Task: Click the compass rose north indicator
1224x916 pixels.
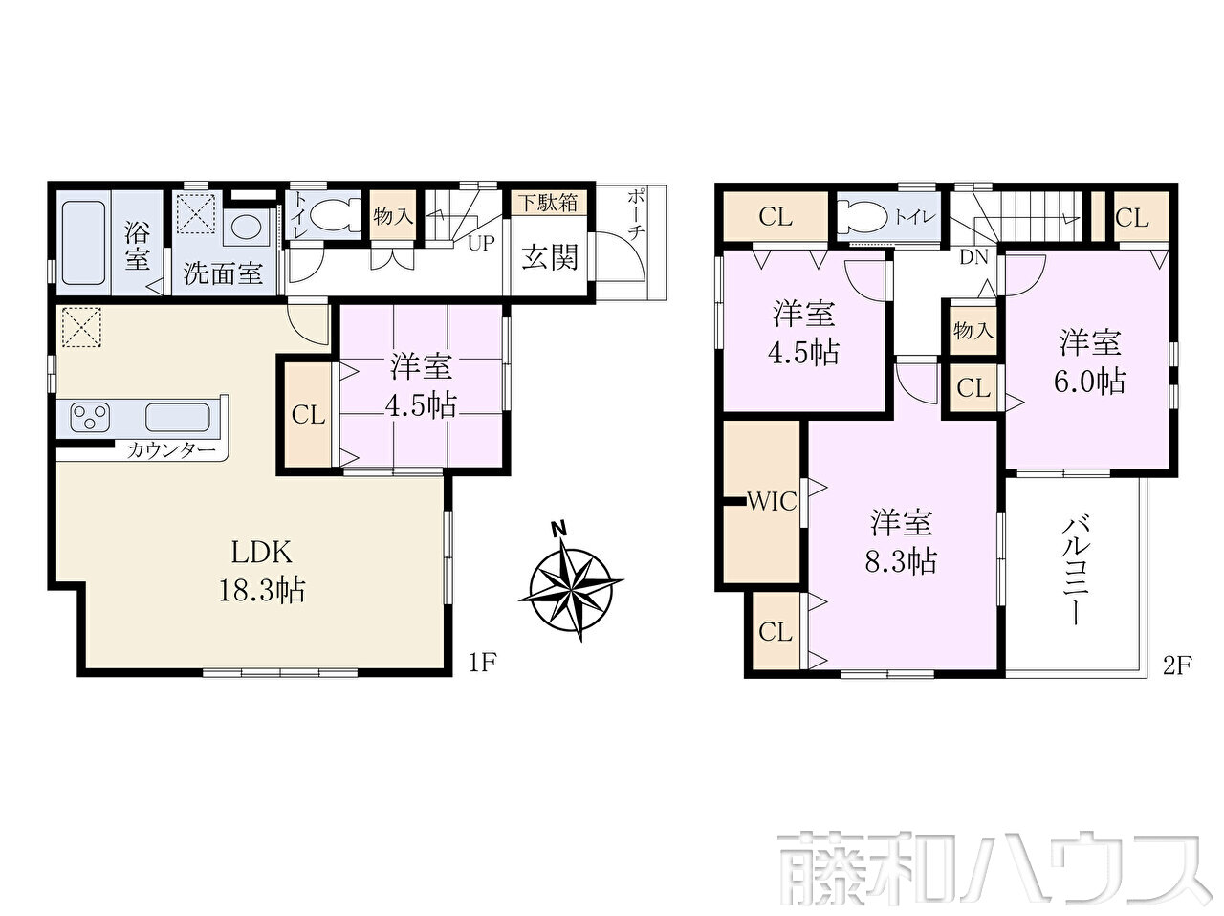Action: click(557, 528)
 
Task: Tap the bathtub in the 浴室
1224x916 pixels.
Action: click(83, 243)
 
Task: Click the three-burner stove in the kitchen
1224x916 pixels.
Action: click(90, 417)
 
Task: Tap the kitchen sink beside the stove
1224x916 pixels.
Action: click(178, 417)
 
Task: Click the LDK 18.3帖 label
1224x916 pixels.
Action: click(262, 571)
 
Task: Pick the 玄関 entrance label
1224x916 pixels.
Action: click(549, 257)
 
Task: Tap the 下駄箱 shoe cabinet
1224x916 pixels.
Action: click(548, 204)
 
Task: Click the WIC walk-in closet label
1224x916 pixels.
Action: click(771, 502)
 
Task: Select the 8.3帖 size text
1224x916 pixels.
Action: click(901, 561)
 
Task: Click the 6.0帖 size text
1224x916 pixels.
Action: click(1089, 382)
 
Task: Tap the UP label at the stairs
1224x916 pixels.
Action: click(481, 243)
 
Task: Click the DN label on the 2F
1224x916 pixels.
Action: click(973, 257)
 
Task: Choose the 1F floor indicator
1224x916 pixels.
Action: click(482, 663)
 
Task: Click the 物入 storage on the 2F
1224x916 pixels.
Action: click(973, 331)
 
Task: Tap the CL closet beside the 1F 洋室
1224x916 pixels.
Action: click(308, 415)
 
